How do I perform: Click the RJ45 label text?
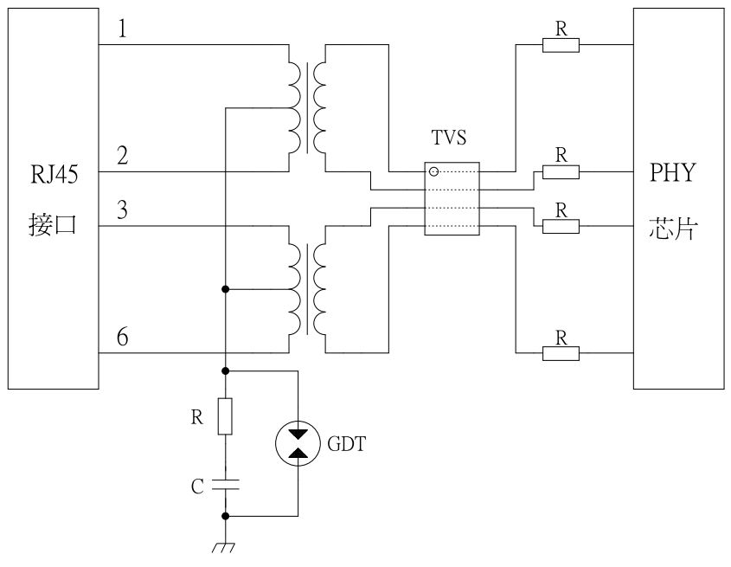pyautogui.click(x=53, y=179)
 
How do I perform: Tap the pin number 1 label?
pyautogui.click(x=122, y=29)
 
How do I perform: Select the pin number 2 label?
pyautogui.click(x=122, y=157)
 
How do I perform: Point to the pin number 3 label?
pyautogui.click(x=122, y=210)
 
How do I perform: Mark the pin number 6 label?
pyautogui.click(x=122, y=338)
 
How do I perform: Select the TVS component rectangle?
pyautogui.click(x=452, y=199)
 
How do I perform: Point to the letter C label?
pyautogui.click(x=197, y=486)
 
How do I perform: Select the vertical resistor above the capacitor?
pyautogui.click(x=225, y=416)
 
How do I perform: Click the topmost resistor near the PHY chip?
pyautogui.click(x=561, y=44)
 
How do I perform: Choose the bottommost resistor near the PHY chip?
pyautogui.click(x=561, y=352)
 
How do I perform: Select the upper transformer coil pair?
pyautogui.click(x=308, y=106)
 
